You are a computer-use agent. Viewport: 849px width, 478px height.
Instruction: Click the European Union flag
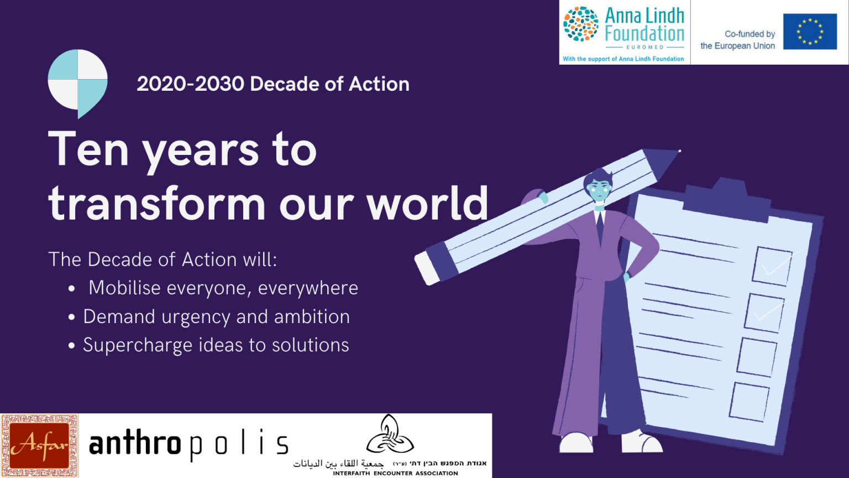[x=810, y=32]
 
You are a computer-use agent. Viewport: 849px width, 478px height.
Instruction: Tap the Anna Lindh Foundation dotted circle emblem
[x=580, y=24]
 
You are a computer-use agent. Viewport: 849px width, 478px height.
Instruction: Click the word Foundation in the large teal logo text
[x=644, y=34]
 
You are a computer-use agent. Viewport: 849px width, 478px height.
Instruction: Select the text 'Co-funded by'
[x=750, y=34]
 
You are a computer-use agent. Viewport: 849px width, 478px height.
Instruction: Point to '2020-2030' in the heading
[x=190, y=84]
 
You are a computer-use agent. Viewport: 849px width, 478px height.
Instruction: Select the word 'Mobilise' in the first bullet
[x=124, y=288]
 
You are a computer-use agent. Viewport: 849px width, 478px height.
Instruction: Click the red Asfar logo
[x=39, y=445]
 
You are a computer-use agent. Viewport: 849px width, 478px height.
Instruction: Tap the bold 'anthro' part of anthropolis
[x=135, y=444]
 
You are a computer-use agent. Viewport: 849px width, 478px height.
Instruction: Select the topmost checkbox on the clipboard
[x=772, y=266]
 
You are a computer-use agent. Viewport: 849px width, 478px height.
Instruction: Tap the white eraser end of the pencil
[x=427, y=268]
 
